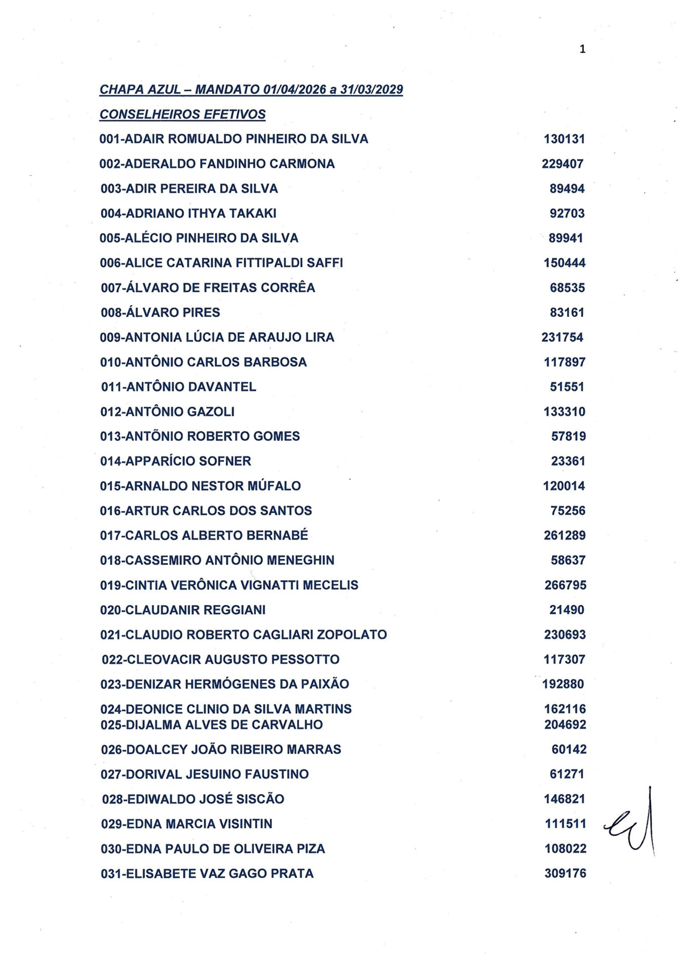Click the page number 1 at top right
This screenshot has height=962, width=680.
click(582, 49)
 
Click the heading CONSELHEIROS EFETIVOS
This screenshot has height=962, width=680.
click(182, 114)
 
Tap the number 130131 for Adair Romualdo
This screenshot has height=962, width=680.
click(564, 139)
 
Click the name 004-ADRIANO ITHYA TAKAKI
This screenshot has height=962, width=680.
click(188, 213)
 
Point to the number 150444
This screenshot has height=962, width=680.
click(564, 263)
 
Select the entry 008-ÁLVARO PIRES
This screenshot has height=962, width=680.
click(160, 313)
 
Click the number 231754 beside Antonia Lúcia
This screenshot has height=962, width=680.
click(562, 337)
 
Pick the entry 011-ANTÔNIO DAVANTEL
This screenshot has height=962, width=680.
click(178, 387)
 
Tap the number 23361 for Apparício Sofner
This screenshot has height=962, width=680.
click(568, 461)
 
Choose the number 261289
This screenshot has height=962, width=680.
click(565, 536)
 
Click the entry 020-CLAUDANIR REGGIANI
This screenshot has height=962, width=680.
click(183, 610)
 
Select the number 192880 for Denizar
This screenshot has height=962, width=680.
click(563, 684)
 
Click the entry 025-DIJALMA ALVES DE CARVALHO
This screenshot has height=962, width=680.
click(211, 725)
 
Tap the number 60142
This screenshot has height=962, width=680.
click(569, 749)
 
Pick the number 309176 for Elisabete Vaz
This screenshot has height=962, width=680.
click(565, 873)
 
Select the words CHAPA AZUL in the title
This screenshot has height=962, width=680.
click(140, 89)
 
